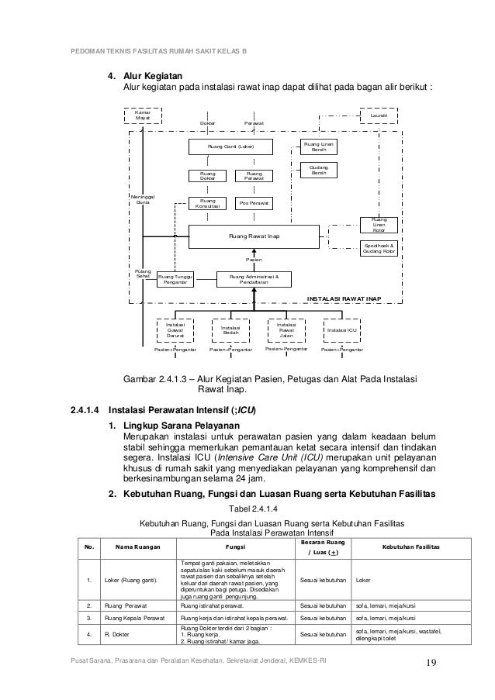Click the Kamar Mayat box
[144, 116]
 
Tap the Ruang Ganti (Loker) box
[230, 146]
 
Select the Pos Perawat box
[254, 202]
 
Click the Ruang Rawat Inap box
[254, 235]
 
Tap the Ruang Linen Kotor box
[379, 224]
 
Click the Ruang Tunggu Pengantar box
[175, 278]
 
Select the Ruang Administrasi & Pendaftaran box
[254, 278]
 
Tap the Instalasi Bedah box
[230, 330]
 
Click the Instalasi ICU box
[341, 330]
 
